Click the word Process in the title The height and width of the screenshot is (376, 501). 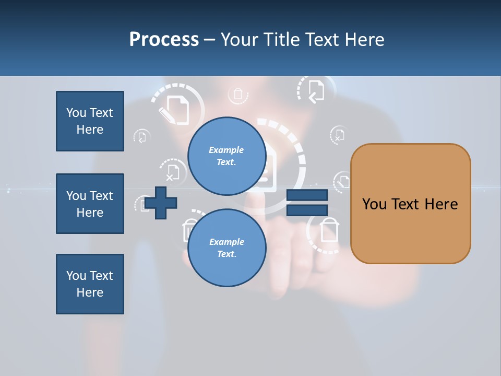pyautogui.click(x=164, y=40)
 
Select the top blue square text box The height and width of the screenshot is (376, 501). pyautogui.click(x=90, y=121)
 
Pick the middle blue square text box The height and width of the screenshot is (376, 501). pyautogui.click(x=90, y=204)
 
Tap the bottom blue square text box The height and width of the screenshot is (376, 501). pyautogui.click(x=90, y=284)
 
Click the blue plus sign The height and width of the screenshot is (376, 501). pyautogui.click(x=161, y=203)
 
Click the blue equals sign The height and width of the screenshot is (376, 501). pyautogui.click(x=307, y=203)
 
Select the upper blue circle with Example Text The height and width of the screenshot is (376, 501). pyautogui.click(x=226, y=156)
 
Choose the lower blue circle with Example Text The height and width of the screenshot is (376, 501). pyautogui.click(x=226, y=248)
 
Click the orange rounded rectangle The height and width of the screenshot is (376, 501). pyautogui.click(x=410, y=204)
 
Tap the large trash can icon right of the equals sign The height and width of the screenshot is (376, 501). pyautogui.click(x=329, y=230)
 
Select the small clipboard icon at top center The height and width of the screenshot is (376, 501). pyautogui.click(x=238, y=95)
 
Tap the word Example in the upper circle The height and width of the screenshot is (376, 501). pyautogui.click(x=226, y=150)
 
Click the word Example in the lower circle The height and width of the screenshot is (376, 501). pyautogui.click(x=226, y=242)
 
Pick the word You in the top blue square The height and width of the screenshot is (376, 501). pyautogui.click(x=76, y=113)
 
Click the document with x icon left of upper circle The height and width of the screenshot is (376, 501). pyautogui.click(x=172, y=171)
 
